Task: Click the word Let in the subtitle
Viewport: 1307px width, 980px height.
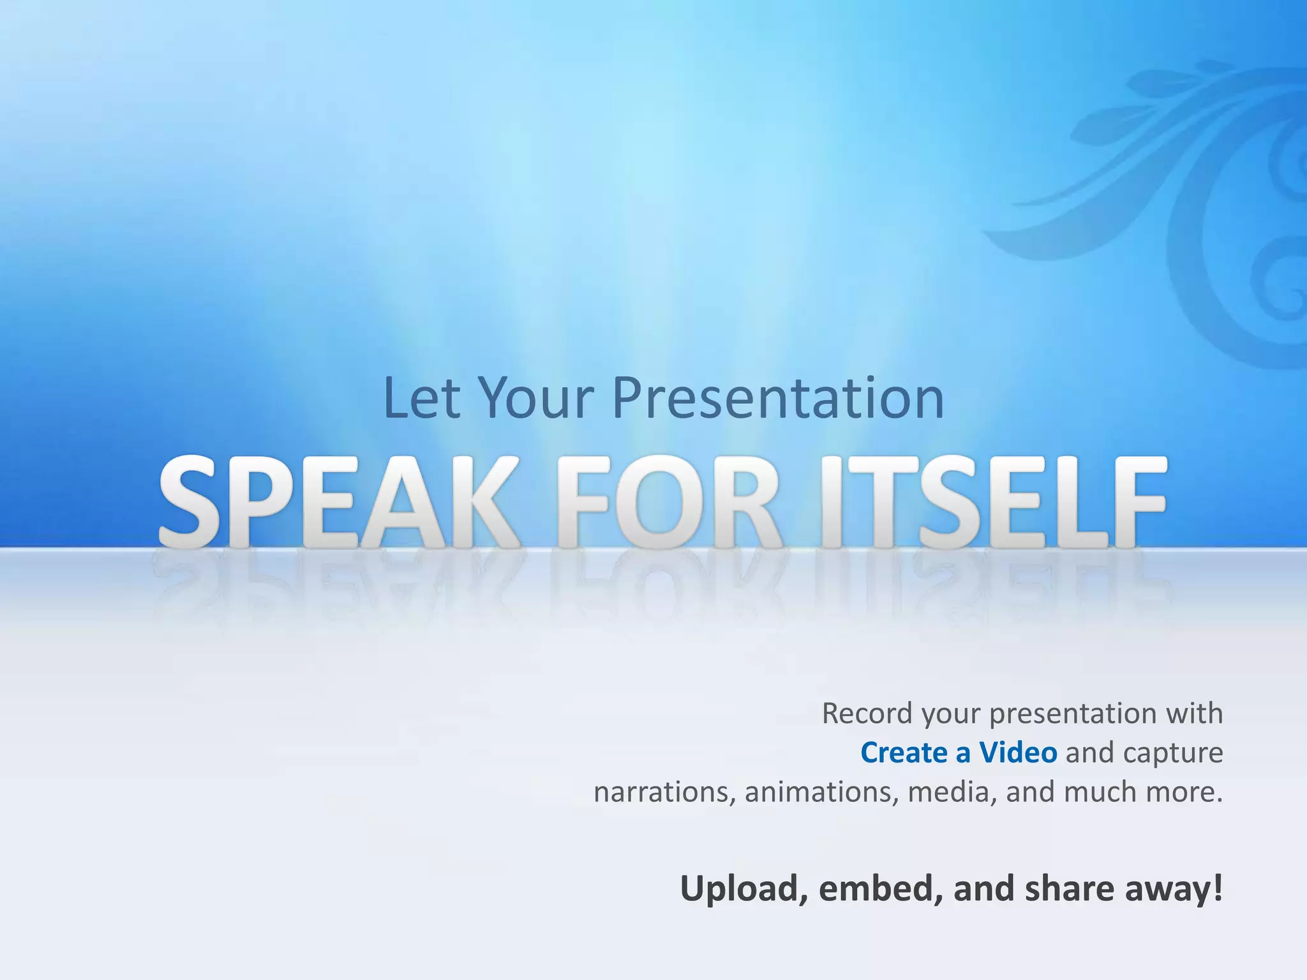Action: tap(421, 398)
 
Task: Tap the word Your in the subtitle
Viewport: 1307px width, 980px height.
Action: tap(536, 398)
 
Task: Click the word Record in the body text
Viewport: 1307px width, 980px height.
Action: tap(867, 713)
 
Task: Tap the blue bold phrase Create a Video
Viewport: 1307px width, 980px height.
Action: tap(959, 753)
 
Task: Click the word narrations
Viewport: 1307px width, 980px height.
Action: tap(664, 792)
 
